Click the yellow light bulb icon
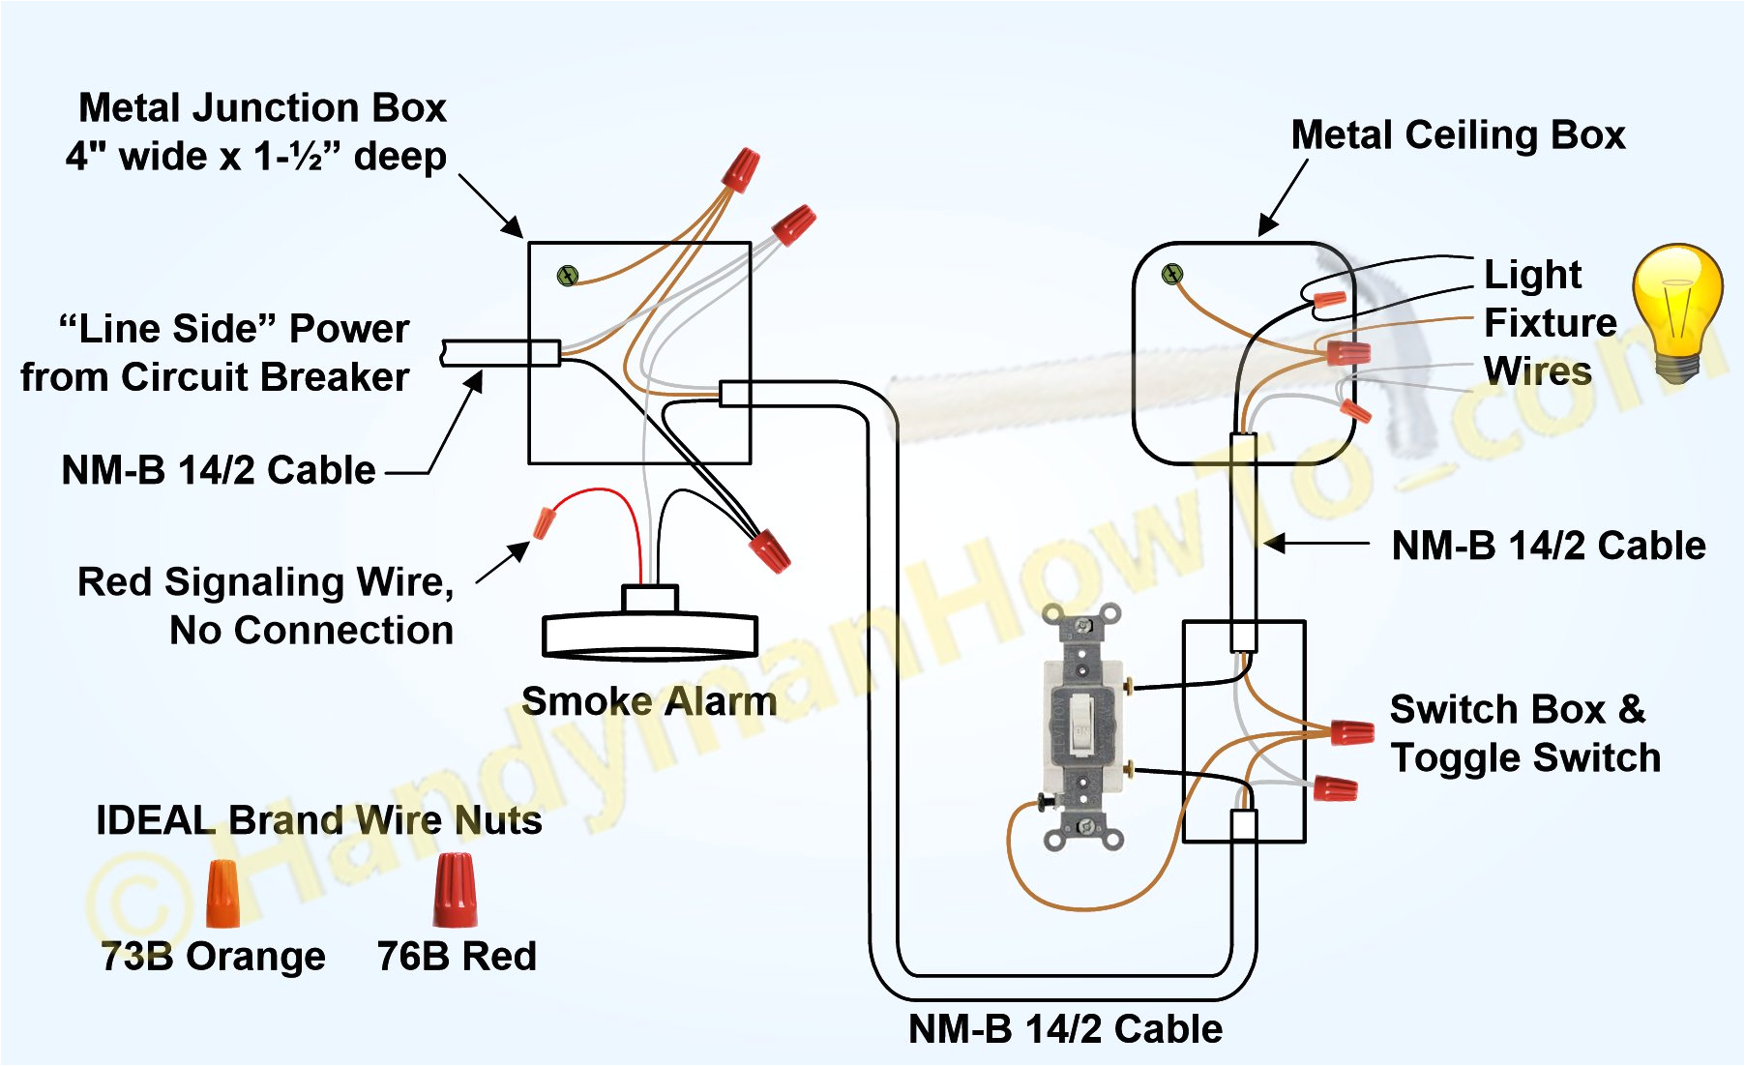(1678, 310)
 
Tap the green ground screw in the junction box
(568, 276)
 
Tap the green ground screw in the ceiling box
(1172, 275)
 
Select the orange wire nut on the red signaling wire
(545, 522)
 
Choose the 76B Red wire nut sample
(454, 889)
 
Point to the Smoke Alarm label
(648, 701)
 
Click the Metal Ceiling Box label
(1458, 134)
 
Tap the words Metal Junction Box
(262, 107)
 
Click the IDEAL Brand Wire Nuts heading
(318, 820)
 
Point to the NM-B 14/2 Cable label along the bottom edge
(1064, 1028)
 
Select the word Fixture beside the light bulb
(1550, 322)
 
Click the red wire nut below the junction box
(770, 549)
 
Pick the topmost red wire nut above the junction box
(741, 169)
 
